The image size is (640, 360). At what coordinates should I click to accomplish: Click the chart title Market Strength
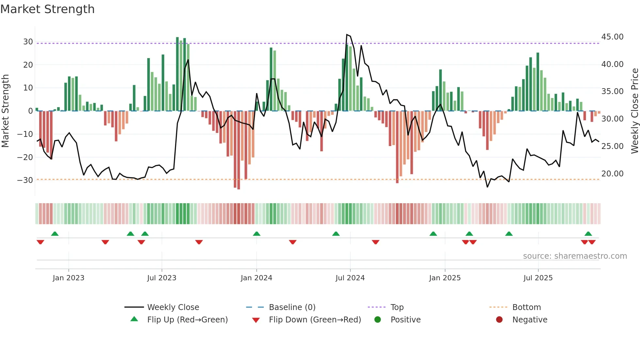pos(47,9)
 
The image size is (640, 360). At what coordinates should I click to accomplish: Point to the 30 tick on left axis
pos(28,42)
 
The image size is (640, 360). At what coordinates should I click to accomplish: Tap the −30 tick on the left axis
pos(25,180)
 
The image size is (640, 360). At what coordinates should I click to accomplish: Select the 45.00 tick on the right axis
pos(612,37)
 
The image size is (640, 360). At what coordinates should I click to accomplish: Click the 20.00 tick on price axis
pos(612,174)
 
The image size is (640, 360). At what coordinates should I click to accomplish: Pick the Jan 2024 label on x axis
pos(256,278)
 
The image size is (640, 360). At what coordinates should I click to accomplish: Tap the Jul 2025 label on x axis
pos(538,278)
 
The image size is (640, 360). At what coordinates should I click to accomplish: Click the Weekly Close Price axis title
pos(634,111)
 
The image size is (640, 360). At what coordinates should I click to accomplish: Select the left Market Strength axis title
pos(5,111)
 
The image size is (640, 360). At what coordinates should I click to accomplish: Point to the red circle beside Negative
pos(499,319)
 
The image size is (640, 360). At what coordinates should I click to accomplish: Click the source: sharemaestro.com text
pos(575,256)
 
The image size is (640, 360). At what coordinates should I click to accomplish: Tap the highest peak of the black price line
pos(347,35)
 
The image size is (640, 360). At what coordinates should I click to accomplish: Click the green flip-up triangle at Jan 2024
pos(257,234)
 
